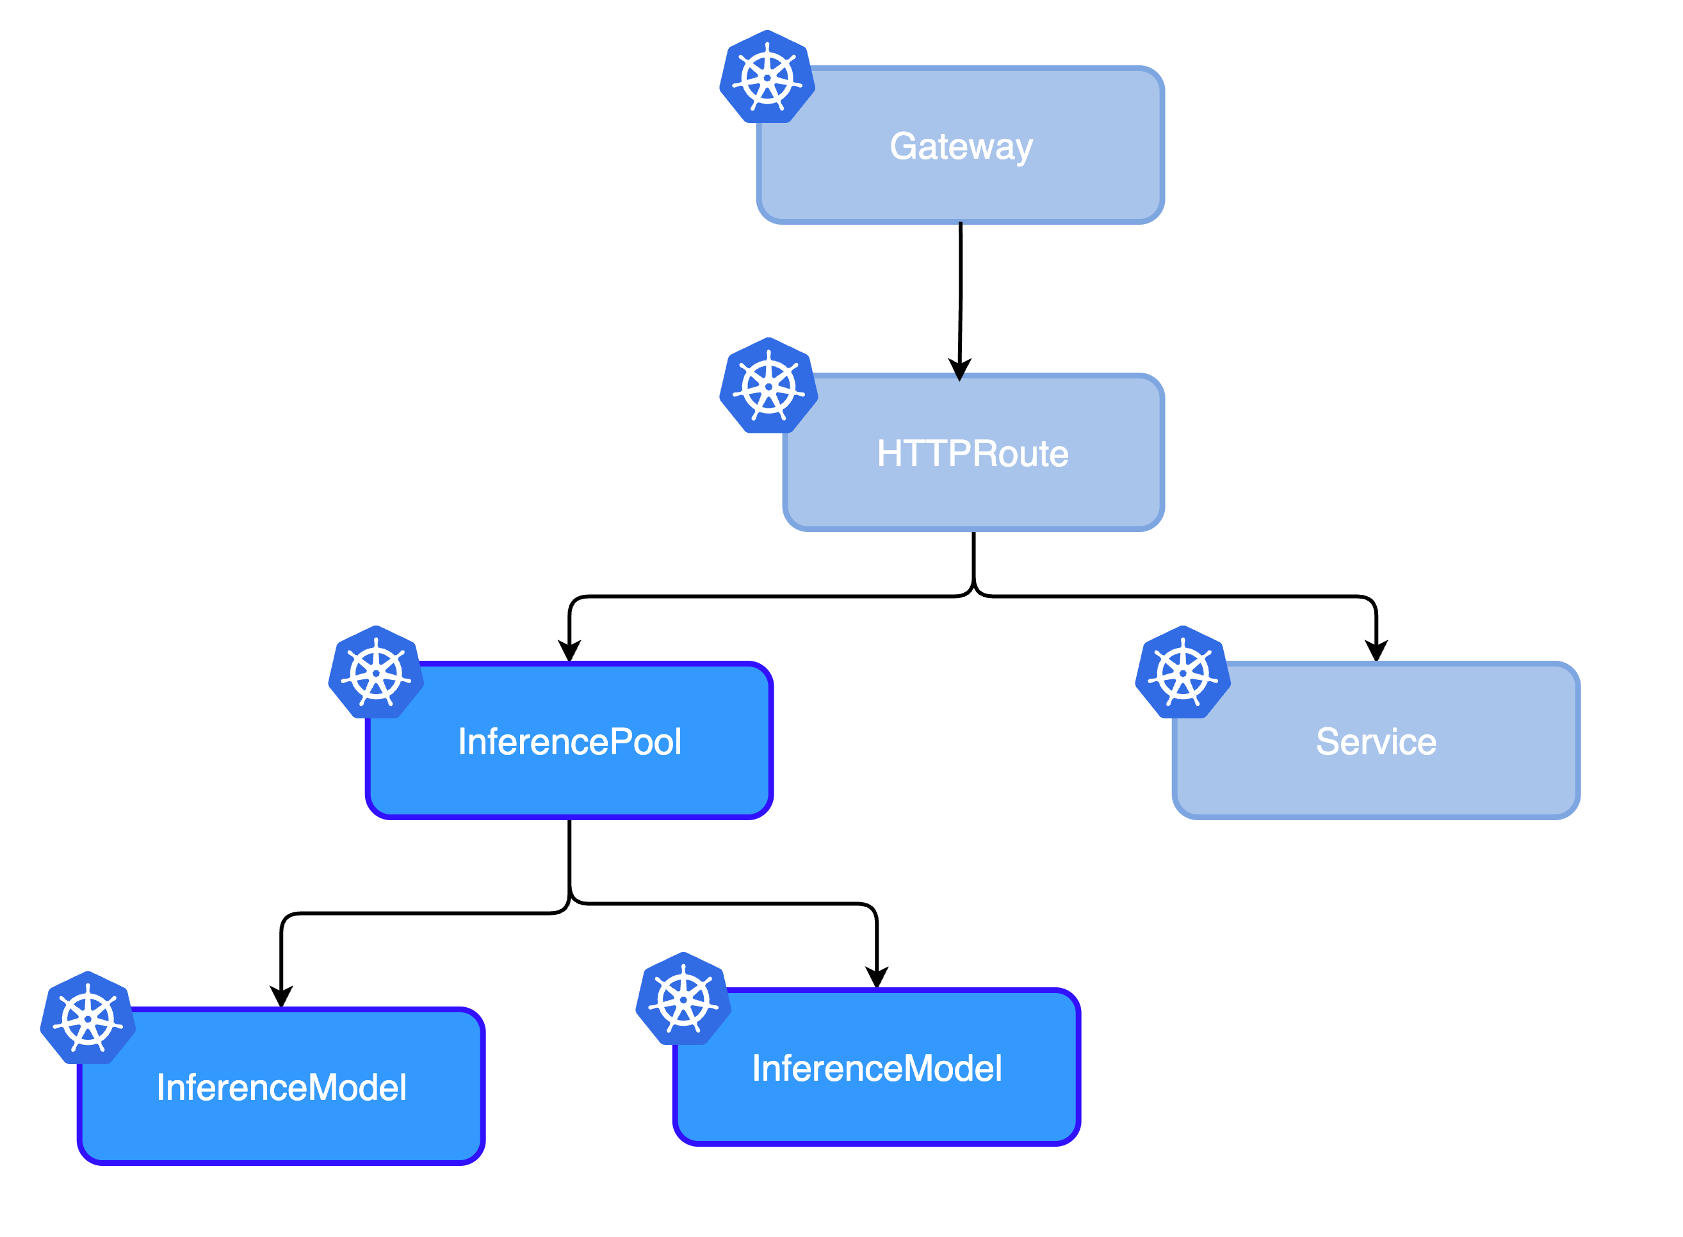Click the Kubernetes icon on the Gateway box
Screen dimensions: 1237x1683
tap(767, 77)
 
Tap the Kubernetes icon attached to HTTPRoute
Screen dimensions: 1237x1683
tap(768, 386)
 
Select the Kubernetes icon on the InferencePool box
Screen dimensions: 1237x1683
tap(376, 672)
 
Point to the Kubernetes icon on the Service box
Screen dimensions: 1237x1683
tap(1183, 672)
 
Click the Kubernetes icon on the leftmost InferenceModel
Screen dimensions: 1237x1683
tap(88, 1019)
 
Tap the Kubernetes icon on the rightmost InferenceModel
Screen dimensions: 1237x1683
tap(683, 999)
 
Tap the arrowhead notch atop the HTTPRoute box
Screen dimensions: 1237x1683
tap(959, 376)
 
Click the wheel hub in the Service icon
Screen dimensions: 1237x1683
tap(1183, 672)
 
